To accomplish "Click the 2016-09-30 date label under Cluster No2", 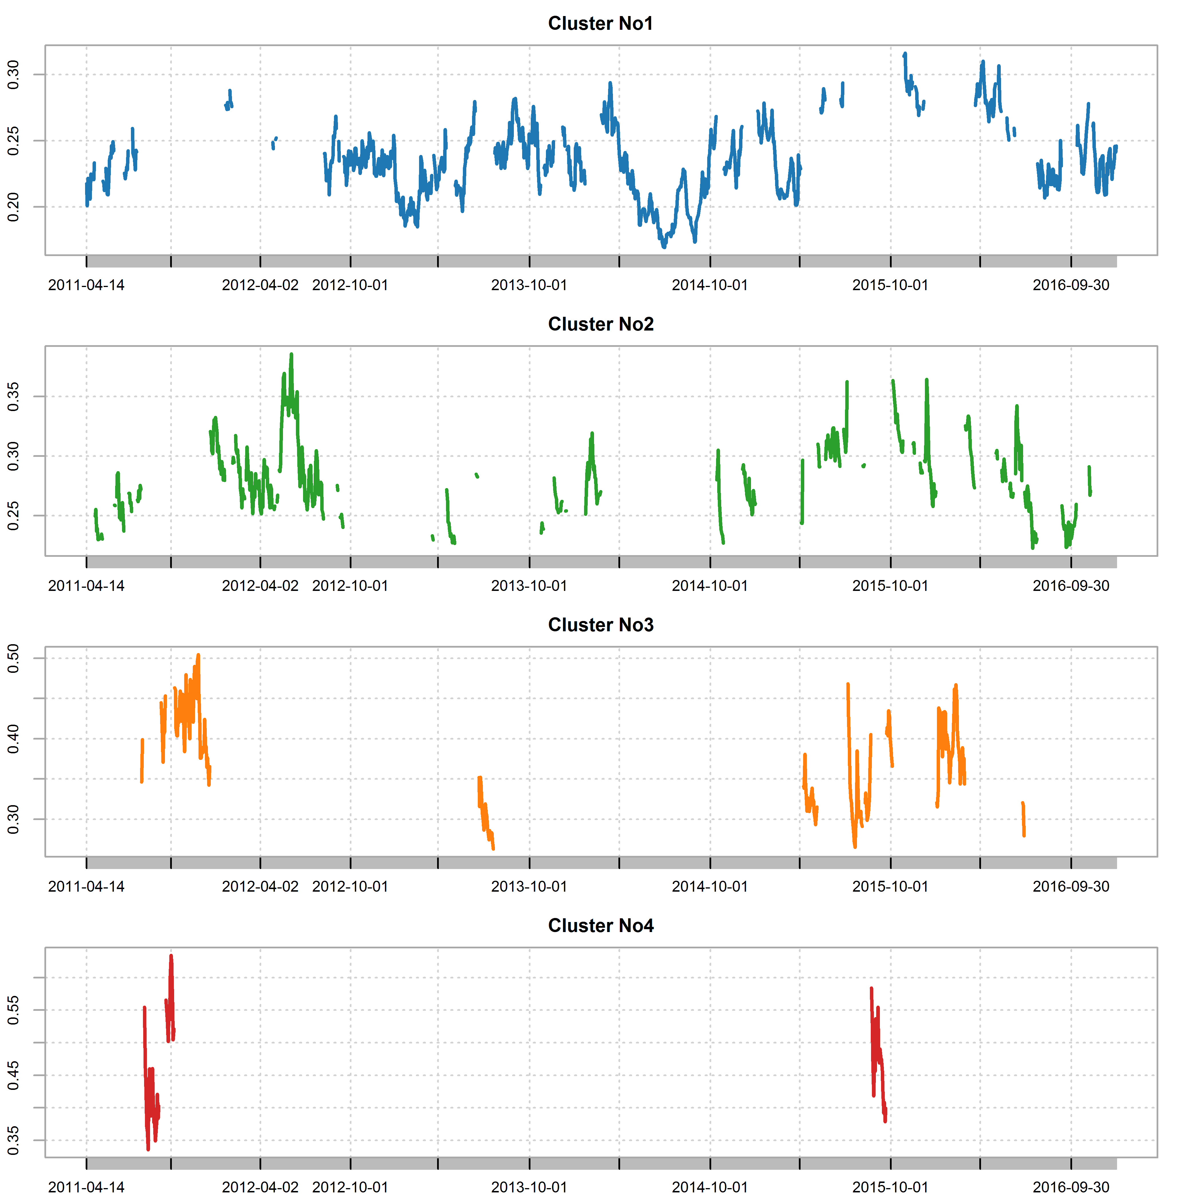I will pyautogui.click(x=1071, y=586).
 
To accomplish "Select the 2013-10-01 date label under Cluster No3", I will pyautogui.click(x=529, y=887).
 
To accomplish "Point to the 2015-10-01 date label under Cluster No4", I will pyautogui.click(x=891, y=1188).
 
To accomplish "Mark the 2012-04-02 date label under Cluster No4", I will pyautogui.click(x=260, y=1188).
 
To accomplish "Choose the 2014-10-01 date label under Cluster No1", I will pyautogui.click(x=710, y=285).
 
